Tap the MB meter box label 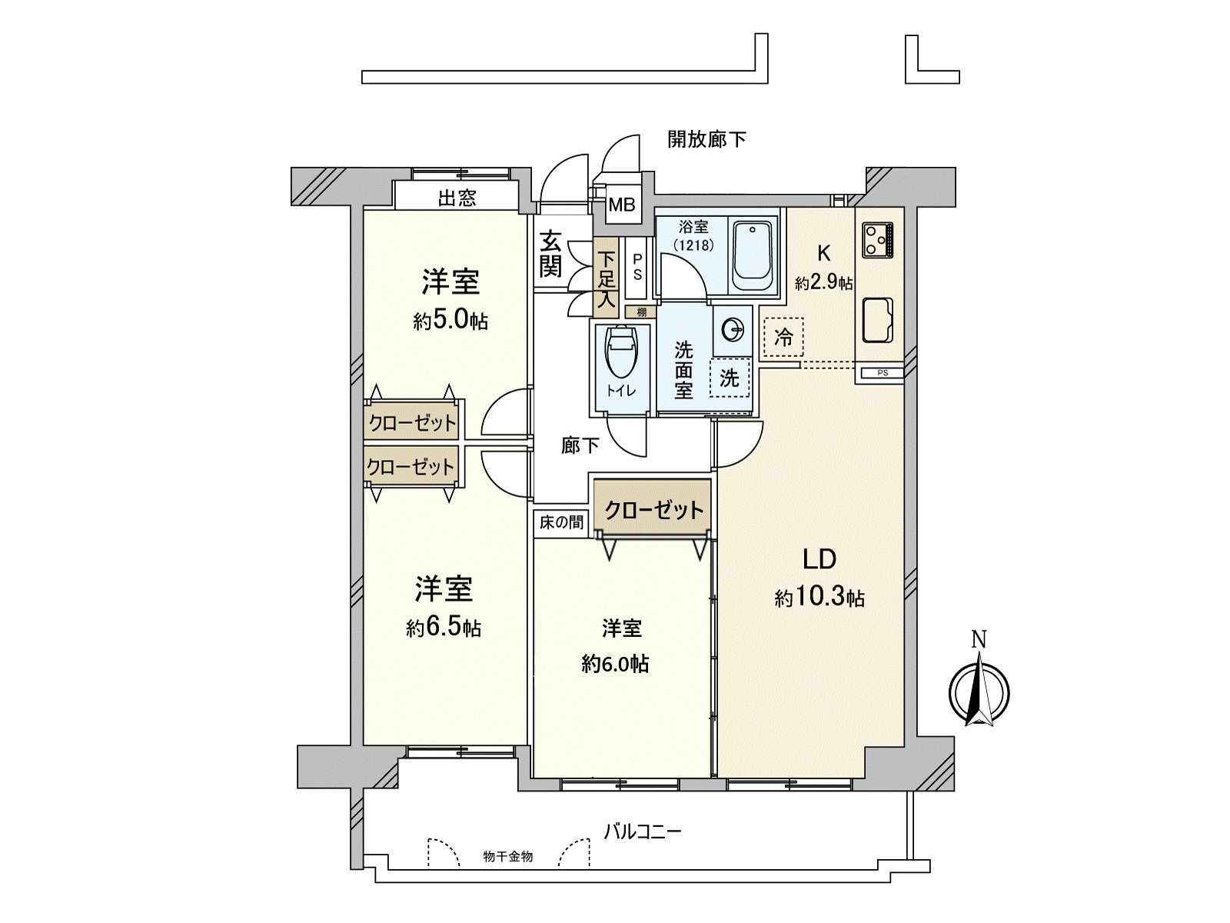(622, 205)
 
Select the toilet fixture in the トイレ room (620, 355)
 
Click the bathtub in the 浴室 (753, 255)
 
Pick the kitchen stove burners (877, 239)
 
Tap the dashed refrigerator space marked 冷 (783, 338)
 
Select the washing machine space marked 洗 (730, 378)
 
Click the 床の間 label (561, 523)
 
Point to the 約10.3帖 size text (819, 597)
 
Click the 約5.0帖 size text (450, 321)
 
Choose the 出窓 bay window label (457, 198)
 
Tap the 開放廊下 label (706, 139)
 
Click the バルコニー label (643, 831)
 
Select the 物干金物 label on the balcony (508, 857)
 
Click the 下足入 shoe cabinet (607, 279)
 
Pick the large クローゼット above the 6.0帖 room (653, 510)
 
